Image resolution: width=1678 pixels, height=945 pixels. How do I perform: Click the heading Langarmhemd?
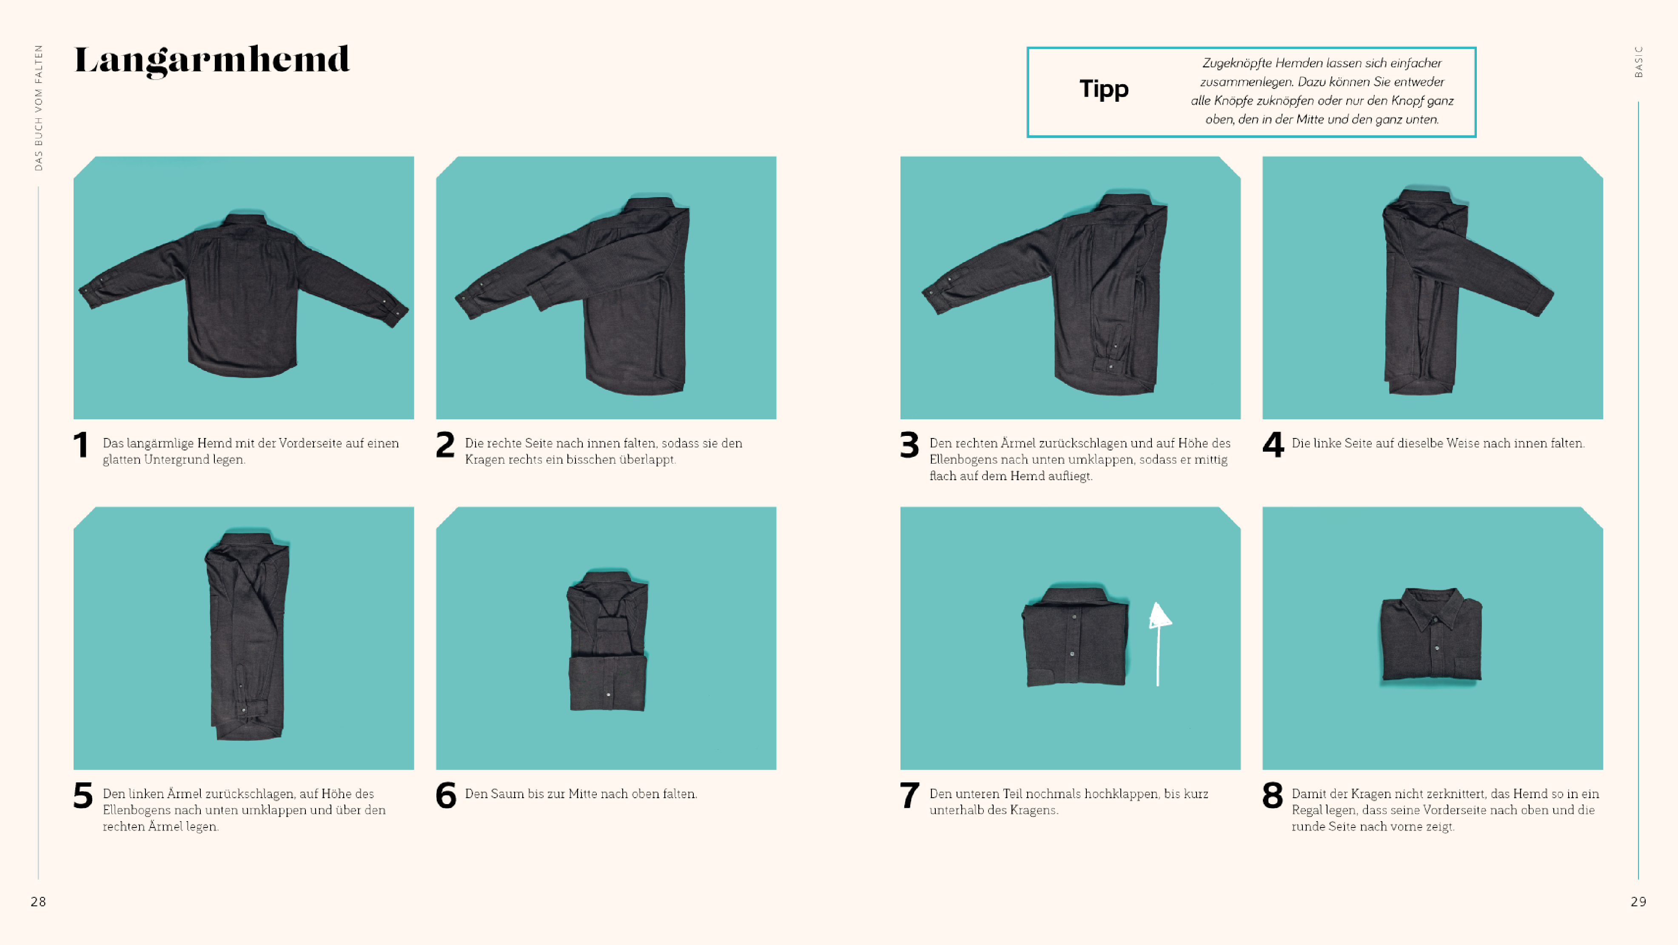(x=212, y=60)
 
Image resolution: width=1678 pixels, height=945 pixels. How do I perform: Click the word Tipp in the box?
(x=1103, y=89)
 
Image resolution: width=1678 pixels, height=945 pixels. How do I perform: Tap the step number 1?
(x=81, y=445)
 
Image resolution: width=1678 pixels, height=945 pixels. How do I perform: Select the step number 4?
(x=1273, y=445)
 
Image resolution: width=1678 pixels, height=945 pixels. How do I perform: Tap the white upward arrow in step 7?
(x=1158, y=644)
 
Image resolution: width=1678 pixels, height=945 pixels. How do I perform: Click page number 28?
(x=38, y=901)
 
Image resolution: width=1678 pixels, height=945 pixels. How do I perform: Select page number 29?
(x=1638, y=901)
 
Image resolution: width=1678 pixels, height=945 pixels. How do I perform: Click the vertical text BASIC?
(x=1639, y=62)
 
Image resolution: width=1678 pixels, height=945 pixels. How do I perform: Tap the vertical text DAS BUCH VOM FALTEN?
(x=38, y=108)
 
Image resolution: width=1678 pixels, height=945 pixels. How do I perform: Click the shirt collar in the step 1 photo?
(x=245, y=220)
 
